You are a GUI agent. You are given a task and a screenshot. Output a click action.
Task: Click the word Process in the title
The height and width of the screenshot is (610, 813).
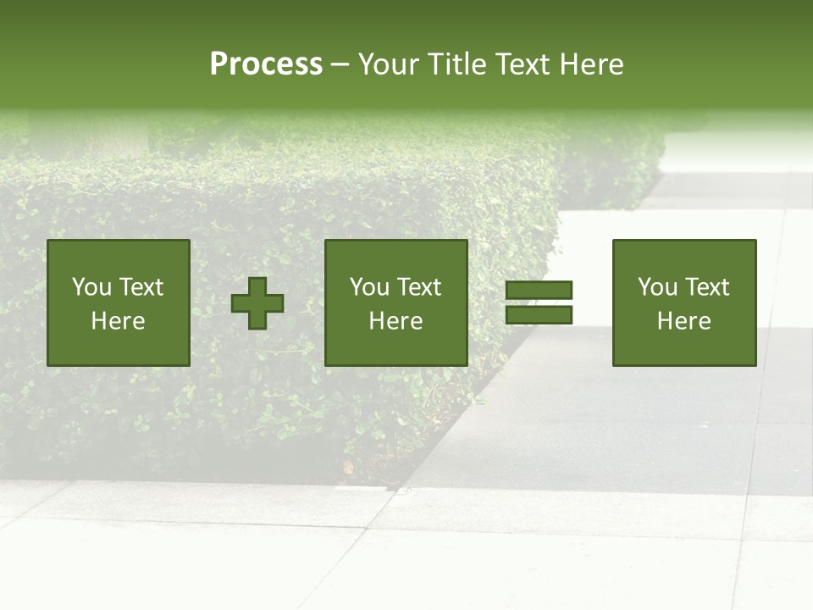click(x=266, y=64)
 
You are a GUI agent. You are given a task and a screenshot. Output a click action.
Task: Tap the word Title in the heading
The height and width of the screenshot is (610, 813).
click(x=462, y=64)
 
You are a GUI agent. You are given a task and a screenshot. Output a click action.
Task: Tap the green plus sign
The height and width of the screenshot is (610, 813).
click(x=257, y=303)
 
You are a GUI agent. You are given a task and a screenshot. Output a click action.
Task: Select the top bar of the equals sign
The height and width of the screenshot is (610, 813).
click(x=539, y=291)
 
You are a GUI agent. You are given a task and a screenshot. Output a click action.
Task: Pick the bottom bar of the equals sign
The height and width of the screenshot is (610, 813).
click(x=539, y=315)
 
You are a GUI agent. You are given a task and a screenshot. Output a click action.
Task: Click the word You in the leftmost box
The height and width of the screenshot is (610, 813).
click(x=92, y=287)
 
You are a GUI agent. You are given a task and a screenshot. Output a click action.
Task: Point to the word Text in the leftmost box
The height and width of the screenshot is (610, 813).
click(x=141, y=287)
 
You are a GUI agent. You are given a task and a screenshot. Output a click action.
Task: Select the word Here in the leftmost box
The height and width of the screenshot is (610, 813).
click(x=118, y=321)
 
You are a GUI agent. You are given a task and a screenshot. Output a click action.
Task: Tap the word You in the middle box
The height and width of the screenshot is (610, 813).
click(x=370, y=287)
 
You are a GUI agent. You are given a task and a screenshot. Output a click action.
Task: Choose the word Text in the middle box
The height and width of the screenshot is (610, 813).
click(x=418, y=287)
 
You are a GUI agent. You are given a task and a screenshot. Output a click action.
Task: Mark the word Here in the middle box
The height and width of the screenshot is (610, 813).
click(x=395, y=321)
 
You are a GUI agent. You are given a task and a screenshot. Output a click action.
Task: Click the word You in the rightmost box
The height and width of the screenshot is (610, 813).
click(x=658, y=287)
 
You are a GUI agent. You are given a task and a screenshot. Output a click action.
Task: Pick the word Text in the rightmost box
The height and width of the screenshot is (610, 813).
click(x=706, y=287)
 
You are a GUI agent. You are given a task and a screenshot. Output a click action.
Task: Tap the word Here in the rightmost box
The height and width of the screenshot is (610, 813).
click(x=683, y=321)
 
